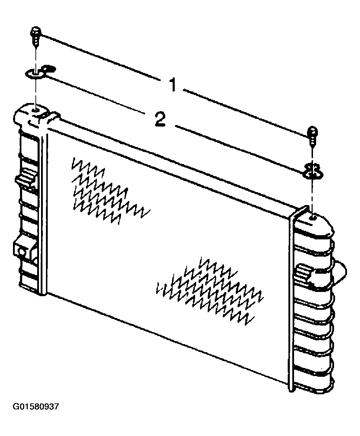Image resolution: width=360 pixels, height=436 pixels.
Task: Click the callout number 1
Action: point(173,84)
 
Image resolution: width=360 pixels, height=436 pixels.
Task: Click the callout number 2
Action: point(160,119)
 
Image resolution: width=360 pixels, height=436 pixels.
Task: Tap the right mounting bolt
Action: point(312,136)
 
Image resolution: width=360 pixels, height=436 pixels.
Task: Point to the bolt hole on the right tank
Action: point(313,218)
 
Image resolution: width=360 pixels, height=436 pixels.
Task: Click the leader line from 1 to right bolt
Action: point(246,113)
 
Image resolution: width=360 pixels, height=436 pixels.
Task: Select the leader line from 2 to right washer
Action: point(239,149)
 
